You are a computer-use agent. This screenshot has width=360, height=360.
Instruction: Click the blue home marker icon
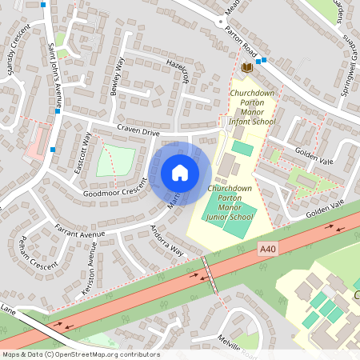[x=180, y=173]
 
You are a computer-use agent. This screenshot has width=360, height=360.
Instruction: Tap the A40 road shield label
[x=268, y=250]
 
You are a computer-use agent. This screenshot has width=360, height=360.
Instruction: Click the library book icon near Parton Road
[x=246, y=68]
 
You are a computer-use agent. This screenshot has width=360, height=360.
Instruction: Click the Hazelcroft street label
[x=177, y=73]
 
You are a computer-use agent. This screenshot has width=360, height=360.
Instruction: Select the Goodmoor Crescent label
[x=115, y=190]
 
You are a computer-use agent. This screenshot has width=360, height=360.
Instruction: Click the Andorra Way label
[x=167, y=239]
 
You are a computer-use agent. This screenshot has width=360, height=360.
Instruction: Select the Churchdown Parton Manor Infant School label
[x=252, y=109]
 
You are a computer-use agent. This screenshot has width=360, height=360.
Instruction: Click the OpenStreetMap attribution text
[x=80, y=354]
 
